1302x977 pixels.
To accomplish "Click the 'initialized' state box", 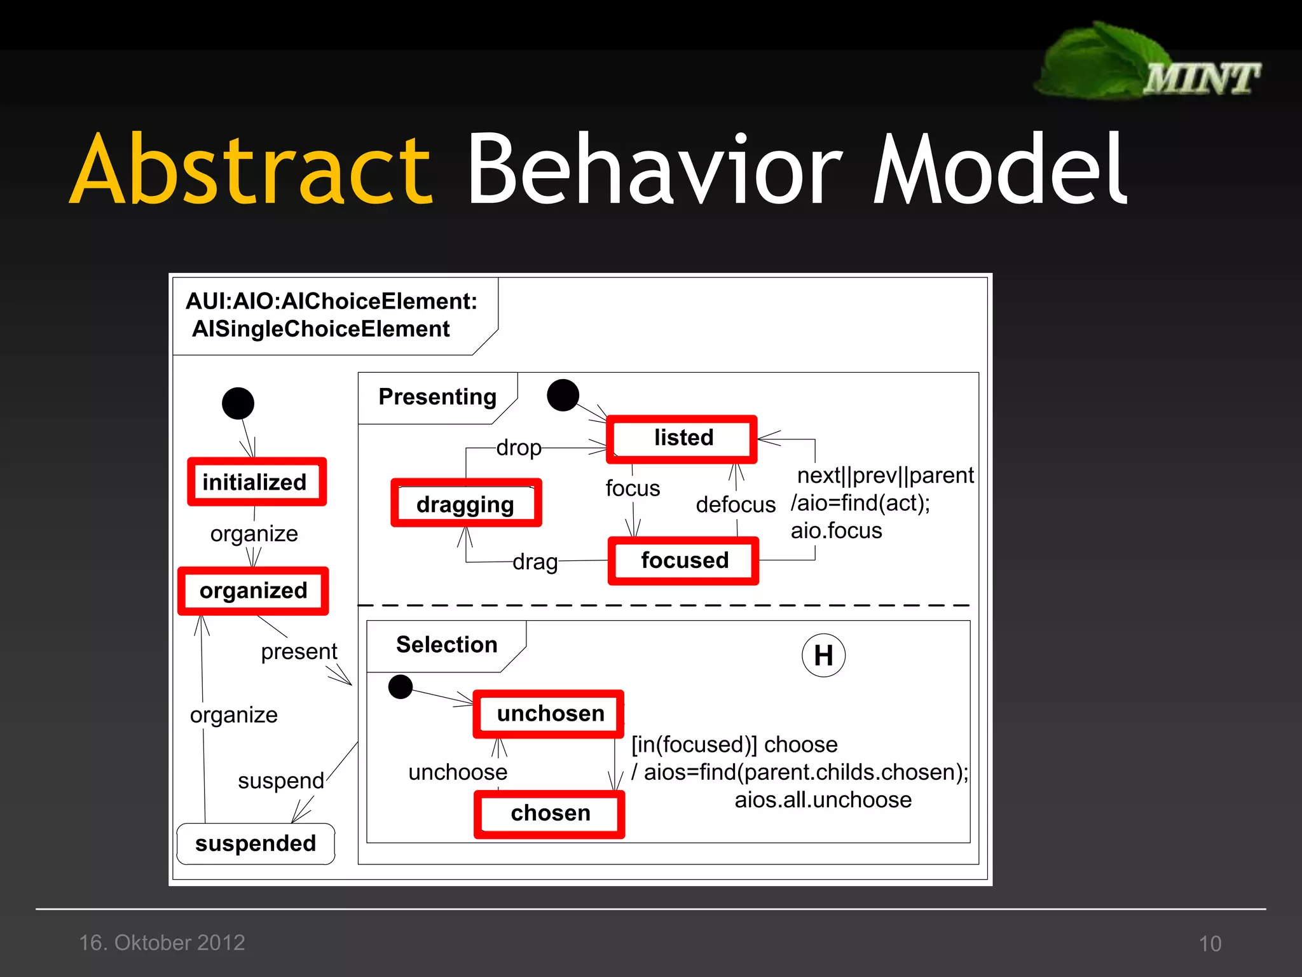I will (x=257, y=482).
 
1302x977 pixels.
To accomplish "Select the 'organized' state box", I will (x=253, y=591).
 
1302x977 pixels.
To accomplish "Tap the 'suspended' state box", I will (x=256, y=843).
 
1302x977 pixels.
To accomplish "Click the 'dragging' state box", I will (x=466, y=504).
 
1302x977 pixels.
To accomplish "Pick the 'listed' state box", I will (x=682, y=438).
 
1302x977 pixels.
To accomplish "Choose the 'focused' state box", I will (x=683, y=560).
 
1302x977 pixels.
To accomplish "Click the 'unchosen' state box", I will (x=549, y=714).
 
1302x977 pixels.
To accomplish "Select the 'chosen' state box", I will (x=549, y=814).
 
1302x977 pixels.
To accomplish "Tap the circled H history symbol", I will (x=823, y=655).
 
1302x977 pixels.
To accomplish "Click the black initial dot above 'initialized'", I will (x=238, y=403).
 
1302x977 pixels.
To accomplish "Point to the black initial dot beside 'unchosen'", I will (x=401, y=686).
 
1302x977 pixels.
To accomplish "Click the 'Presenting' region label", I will (x=437, y=397).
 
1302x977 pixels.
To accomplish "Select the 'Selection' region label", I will (x=446, y=645).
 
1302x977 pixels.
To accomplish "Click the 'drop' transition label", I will (x=519, y=448).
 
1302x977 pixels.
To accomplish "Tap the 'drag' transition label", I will (x=535, y=562).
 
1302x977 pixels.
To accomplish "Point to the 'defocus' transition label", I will (x=736, y=504).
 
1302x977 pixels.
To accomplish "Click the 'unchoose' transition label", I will (x=458, y=772).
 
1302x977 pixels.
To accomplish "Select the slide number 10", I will (x=1210, y=943).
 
